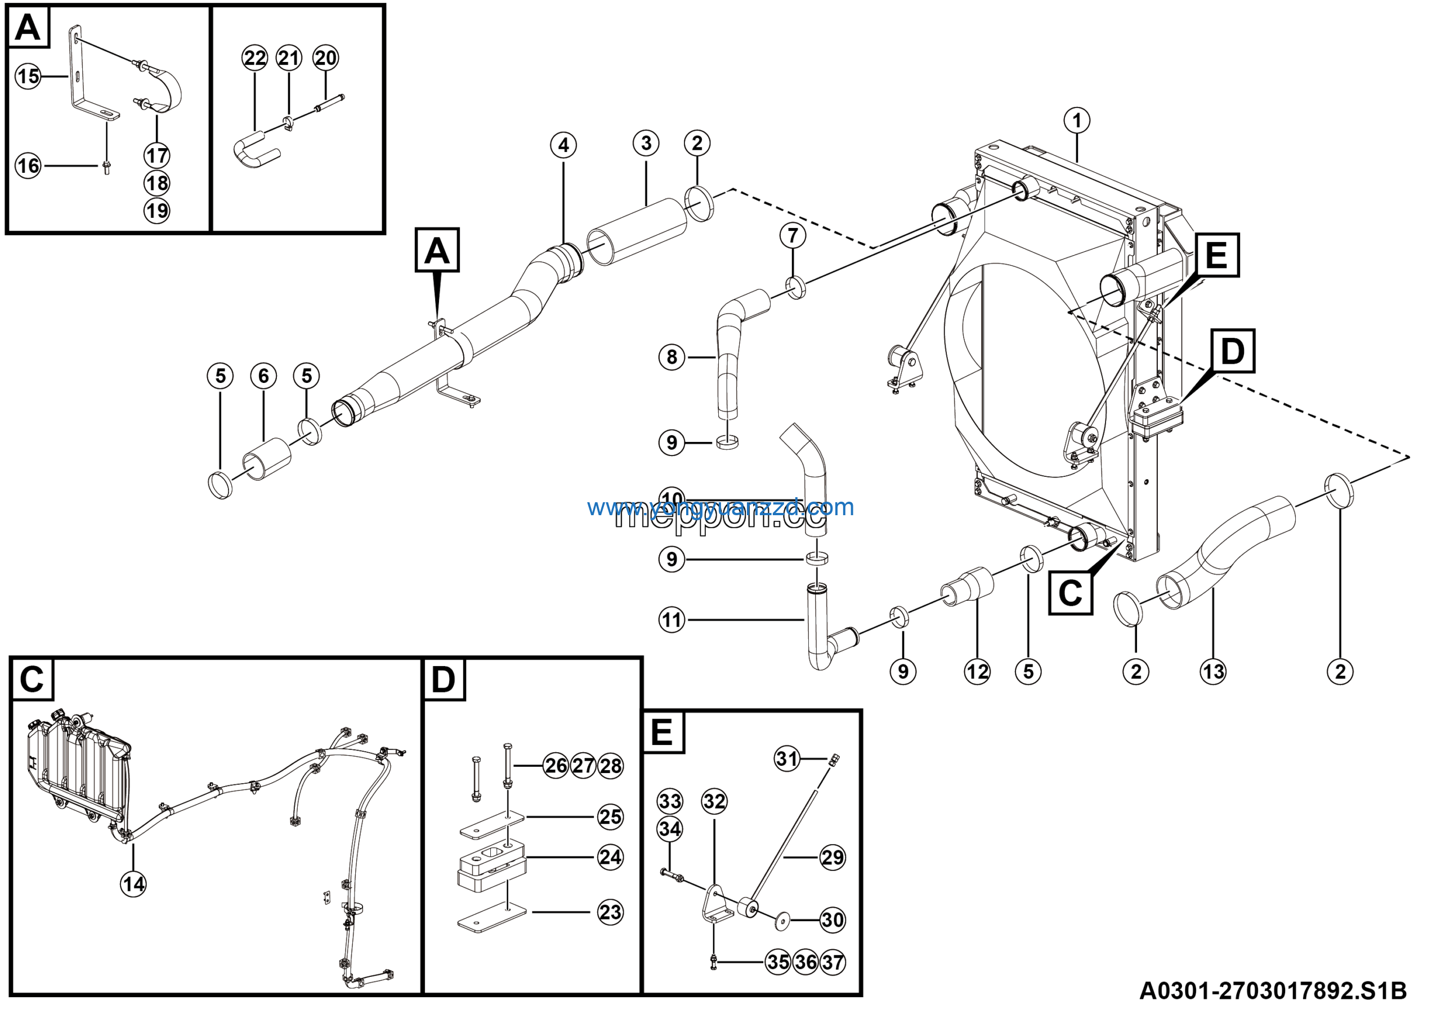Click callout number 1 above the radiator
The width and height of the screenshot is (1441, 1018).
pyautogui.click(x=1077, y=120)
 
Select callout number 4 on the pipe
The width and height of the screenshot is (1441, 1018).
pyautogui.click(x=563, y=146)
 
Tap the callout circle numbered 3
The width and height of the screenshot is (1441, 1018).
pyautogui.click(x=646, y=144)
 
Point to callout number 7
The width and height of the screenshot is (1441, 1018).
pyautogui.click(x=793, y=235)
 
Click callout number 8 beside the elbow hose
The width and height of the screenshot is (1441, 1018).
pyautogui.click(x=672, y=357)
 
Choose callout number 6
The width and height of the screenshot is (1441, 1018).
pyautogui.click(x=263, y=376)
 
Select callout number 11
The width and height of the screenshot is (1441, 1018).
pyautogui.click(x=672, y=620)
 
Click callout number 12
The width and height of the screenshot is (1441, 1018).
pyautogui.click(x=977, y=672)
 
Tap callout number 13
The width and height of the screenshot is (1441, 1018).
pyautogui.click(x=1212, y=672)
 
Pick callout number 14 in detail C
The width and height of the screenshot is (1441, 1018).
pyautogui.click(x=133, y=885)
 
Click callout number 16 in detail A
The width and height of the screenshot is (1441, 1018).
pyautogui.click(x=28, y=166)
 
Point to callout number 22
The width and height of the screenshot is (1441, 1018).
pyautogui.click(x=255, y=59)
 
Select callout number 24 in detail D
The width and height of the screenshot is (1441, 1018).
pyautogui.click(x=610, y=857)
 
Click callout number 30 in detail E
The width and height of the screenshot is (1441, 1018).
pyautogui.click(x=832, y=920)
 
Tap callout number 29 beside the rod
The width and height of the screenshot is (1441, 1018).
pyautogui.click(x=832, y=857)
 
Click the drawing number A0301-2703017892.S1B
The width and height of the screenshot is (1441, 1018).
pyautogui.click(x=1272, y=991)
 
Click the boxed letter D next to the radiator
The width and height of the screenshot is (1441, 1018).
pyautogui.click(x=1232, y=351)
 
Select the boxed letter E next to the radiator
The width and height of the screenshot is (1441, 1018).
pyautogui.click(x=1216, y=256)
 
